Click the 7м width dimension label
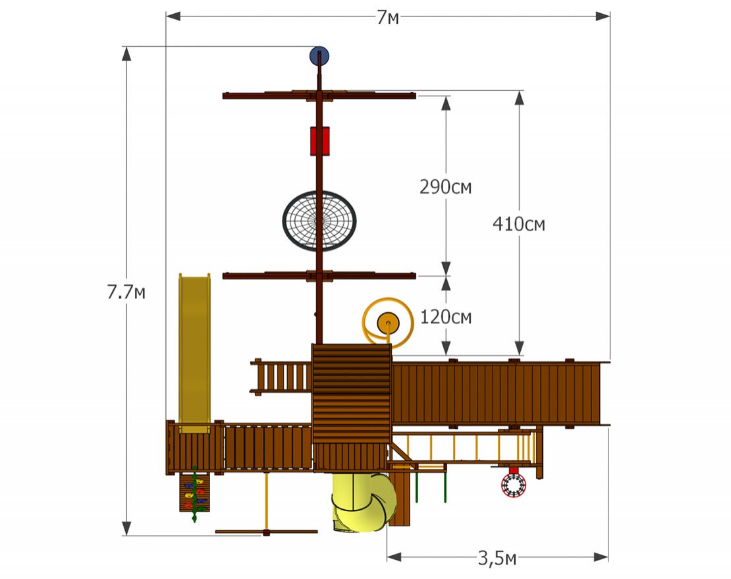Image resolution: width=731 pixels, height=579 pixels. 388,18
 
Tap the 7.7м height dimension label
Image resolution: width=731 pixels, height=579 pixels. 126,292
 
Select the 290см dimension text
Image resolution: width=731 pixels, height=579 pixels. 446,187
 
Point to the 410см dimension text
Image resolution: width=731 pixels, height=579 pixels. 519,224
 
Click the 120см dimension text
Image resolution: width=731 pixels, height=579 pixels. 446,317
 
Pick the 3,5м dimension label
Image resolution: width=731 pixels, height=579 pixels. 497,557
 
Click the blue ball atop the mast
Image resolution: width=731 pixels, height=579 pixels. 319,56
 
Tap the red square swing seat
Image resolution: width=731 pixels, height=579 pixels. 320,141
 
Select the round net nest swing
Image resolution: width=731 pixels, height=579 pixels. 319,221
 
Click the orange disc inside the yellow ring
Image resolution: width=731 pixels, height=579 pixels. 388,323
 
